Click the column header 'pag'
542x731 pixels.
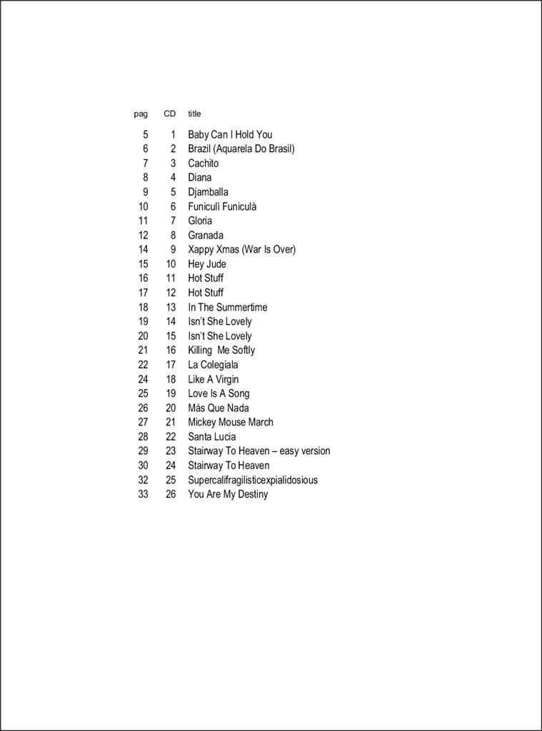pyautogui.click(x=141, y=114)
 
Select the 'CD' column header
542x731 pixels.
pyautogui.click(x=169, y=114)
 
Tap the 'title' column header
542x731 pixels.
pyautogui.click(x=194, y=114)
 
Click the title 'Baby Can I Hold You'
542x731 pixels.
pyautogui.click(x=230, y=134)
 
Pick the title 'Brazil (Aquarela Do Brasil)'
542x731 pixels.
pyautogui.click(x=241, y=148)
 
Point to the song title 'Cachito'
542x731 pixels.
pyautogui.click(x=204, y=163)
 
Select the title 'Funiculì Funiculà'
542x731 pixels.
pyautogui.click(x=222, y=206)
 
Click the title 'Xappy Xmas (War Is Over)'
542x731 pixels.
pyautogui.click(x=241, y=249)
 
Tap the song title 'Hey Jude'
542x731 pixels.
pyautogui.click(x=207, y=264)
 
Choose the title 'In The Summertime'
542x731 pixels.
pyautogui.click(x=228, y=307)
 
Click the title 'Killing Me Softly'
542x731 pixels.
pyautogui.click(x=221, y=350)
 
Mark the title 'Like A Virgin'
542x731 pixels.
pyautogui.click(x=214, y=379)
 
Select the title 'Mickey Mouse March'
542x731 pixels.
pyautogui.click(x=231, y=422)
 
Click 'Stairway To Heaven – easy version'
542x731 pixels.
pyautogui.click(x=259, y=450)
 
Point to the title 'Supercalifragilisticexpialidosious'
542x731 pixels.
pyautogui.click(x=253, y=480)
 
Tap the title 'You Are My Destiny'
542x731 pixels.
pyautogui.click(x=228, y=494)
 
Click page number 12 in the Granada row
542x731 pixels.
pyautogui.click(x=144, y=235)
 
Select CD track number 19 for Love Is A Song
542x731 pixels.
pyautogui.click(x=171, y=393)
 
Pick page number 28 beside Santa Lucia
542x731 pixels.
pyautogui.click(x=144, y=436)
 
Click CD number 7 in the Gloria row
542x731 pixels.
pyautogui.click(x=173, y=221)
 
